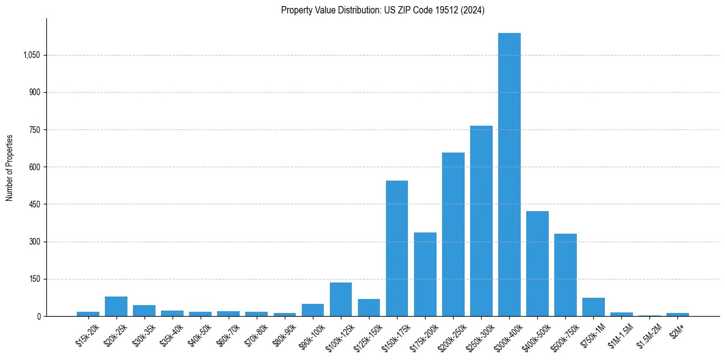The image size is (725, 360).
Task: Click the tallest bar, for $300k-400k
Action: (509, 175)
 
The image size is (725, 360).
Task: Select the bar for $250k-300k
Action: (481, 221)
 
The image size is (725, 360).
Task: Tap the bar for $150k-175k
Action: (397, 248)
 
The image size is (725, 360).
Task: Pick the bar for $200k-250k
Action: (453, 234)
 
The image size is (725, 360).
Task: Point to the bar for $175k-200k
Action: (425, 274)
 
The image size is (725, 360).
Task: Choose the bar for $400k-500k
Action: (537, 264)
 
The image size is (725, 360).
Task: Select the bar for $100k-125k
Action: (341, 300)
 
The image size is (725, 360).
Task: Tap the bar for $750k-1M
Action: (593, 307)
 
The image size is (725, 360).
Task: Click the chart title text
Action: (382, 10)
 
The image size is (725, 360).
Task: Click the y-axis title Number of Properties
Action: (10, 168)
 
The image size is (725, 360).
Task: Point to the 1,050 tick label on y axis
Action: (31, 55)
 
